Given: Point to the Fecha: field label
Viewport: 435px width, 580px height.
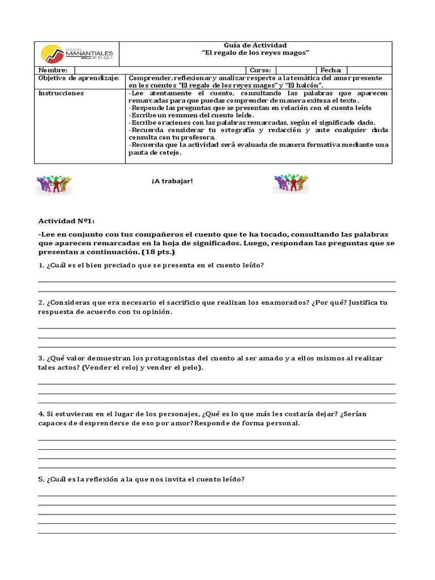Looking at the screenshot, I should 331,70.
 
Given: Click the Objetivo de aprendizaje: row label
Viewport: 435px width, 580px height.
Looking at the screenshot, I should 78,78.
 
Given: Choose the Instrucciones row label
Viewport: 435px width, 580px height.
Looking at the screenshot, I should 61,93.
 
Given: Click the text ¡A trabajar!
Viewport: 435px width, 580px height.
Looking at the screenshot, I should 172,181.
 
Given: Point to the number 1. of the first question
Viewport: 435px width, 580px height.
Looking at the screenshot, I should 41,266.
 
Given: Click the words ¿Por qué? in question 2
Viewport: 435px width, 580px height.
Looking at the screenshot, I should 328,302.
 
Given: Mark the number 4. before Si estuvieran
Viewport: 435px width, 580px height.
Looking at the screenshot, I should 41,413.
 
